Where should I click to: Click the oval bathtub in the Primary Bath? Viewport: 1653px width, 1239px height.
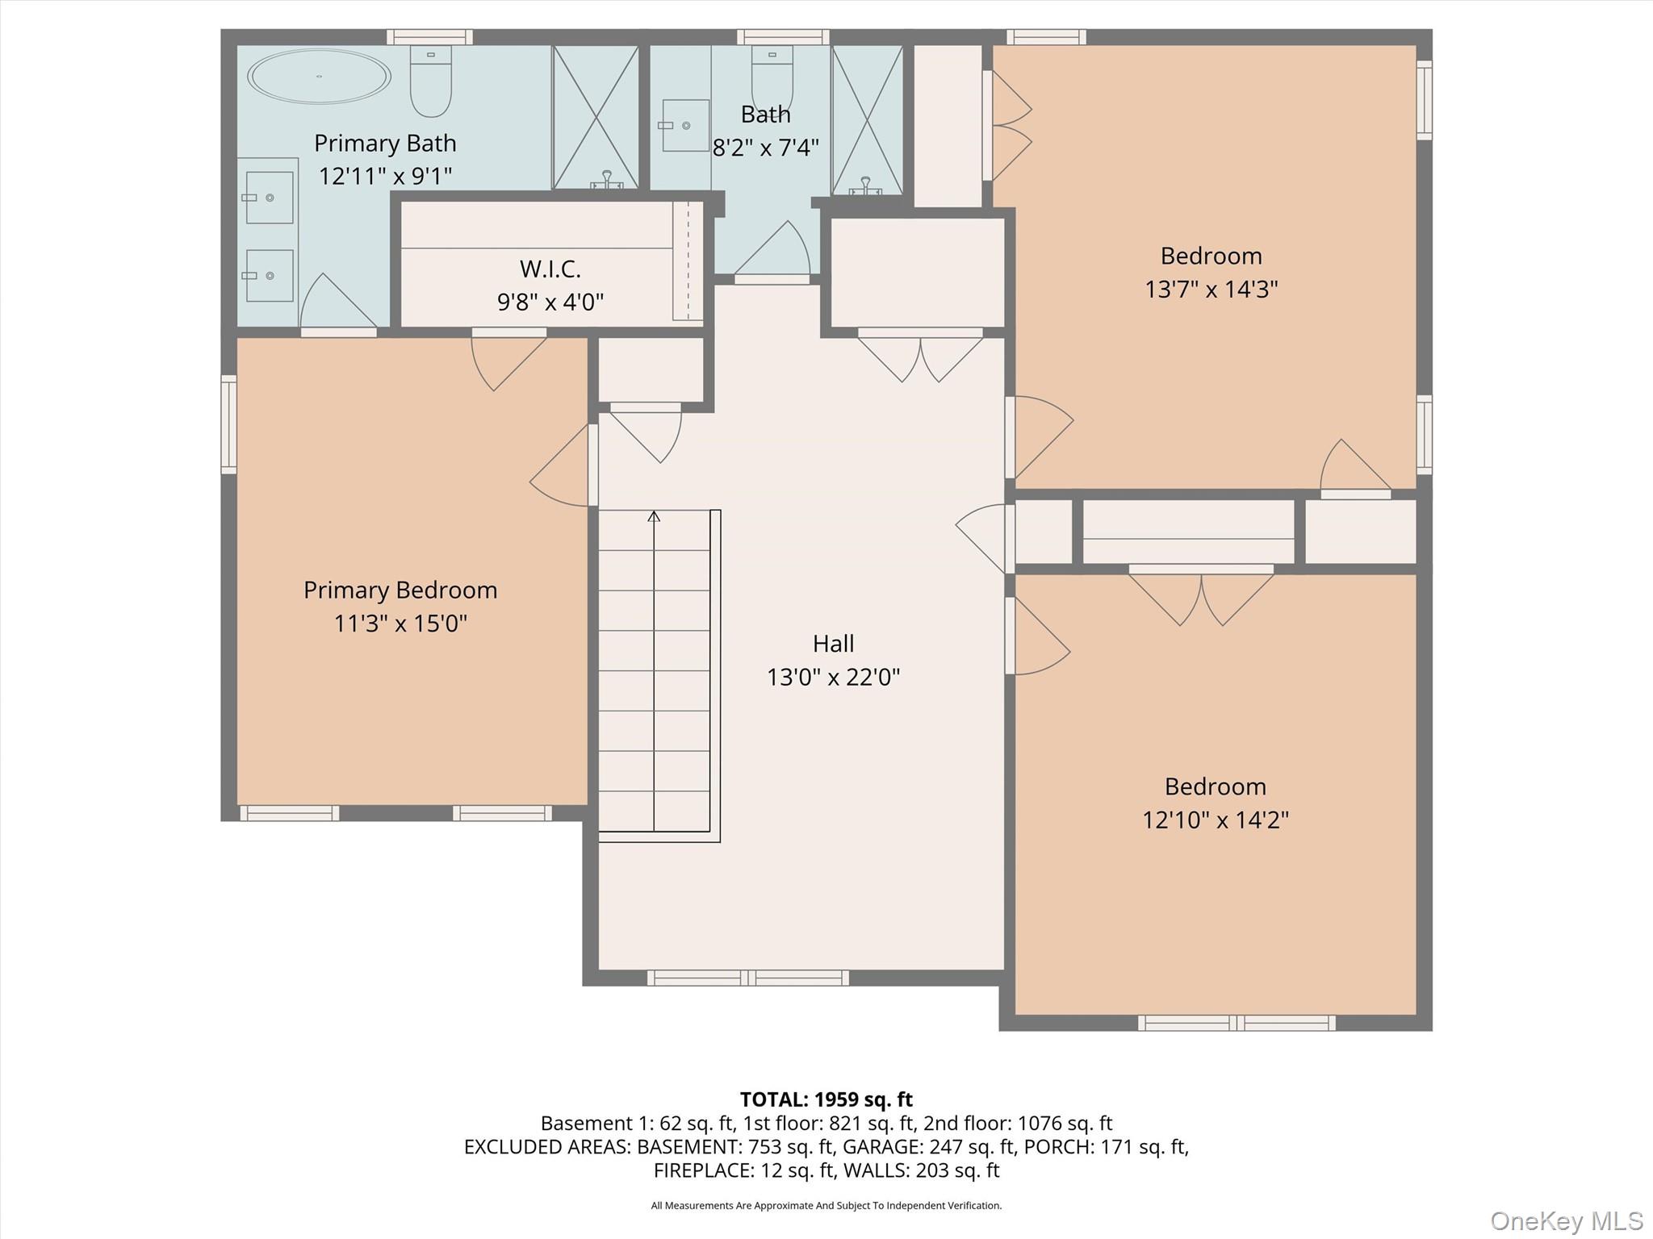[x=319, y=77]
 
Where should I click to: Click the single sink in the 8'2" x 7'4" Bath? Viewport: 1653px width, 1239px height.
[x=685, y=126]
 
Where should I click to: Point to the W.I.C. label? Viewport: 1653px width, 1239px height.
[x=550, y=268]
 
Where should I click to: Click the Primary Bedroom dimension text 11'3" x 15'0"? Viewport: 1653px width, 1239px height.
[x=400, y=623]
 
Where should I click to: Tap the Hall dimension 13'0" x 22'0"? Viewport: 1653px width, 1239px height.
[x=833, y=676]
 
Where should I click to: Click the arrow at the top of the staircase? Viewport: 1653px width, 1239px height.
[x=654, y=516]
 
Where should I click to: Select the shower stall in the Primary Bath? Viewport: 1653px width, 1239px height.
[x=596, y=118]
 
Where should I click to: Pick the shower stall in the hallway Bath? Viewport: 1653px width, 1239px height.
[x=867, y=119]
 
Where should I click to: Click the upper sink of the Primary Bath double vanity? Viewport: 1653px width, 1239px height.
[x=269, y=198]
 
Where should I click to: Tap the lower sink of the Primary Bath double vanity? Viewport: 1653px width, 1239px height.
[x=269, y=276]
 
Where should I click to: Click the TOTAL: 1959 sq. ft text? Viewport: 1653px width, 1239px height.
[x=826, y=1099]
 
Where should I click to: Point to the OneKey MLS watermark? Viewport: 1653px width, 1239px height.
[x=1565, y=1220]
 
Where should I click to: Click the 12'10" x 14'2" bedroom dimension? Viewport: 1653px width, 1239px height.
[x=1215, y=820]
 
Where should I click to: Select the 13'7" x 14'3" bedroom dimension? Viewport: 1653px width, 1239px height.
[x=1211, y=289]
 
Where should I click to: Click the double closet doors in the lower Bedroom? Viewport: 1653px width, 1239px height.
[x=1201, y=597]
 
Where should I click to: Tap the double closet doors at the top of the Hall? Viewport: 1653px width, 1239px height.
[x=920, y=357]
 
